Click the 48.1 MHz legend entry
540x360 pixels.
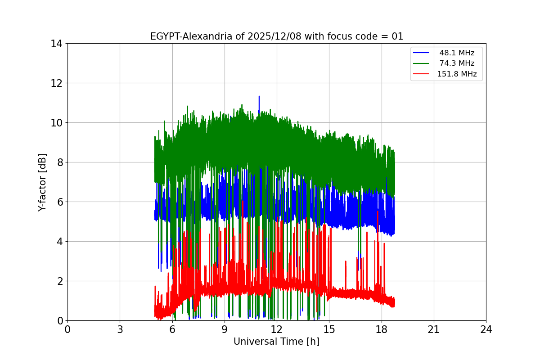pyautogui.click(x=457, y=53)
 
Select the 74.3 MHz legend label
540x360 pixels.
pyautogui.click(x=457, y=63)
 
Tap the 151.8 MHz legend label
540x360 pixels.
pyautogui.click(x=457, y=74)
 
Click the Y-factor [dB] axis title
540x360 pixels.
pyautogui.click(x=42, y=182)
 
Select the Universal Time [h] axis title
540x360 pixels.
pyautogui.click(x=276, y=342)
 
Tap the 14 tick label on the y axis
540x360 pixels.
pyautogui.click(x=56, y=44)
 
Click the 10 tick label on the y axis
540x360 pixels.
pyautogui.click(x=56, y=123)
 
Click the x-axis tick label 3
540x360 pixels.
pyautogui.click(x=120, y=329)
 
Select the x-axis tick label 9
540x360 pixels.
pyautogui.click(x=225, y=329)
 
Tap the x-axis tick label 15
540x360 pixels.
pyautogui.click(x=329, y=329)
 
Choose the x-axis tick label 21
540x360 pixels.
pyautogui.click(x=434, y=329)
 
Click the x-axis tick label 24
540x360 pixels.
pyautogui.click(x=486, y=329)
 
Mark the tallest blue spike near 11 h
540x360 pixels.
pyautogui.click(x=259, y=97)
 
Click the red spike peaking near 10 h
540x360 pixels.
pyautogui.click(x=243, y=201)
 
